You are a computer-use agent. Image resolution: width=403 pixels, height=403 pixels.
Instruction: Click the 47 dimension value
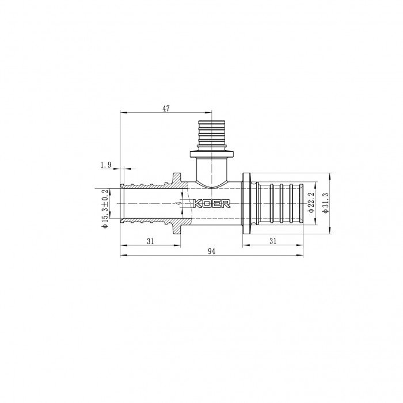tap(166, 108)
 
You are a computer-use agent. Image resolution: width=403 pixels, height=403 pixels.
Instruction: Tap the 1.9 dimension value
tap(105, 165)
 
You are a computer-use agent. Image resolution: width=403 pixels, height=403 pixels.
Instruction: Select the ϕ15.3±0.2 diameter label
tap(105, 209)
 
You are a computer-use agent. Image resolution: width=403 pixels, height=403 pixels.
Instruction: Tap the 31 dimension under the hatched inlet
tap(150, 242)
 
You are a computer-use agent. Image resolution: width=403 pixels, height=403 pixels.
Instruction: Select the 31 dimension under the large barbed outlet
tap(273, 242)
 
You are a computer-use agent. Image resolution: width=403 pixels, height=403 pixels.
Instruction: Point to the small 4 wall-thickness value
tap(180, 203)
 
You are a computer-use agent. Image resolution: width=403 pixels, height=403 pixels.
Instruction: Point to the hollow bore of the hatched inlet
tap(144, 204)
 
